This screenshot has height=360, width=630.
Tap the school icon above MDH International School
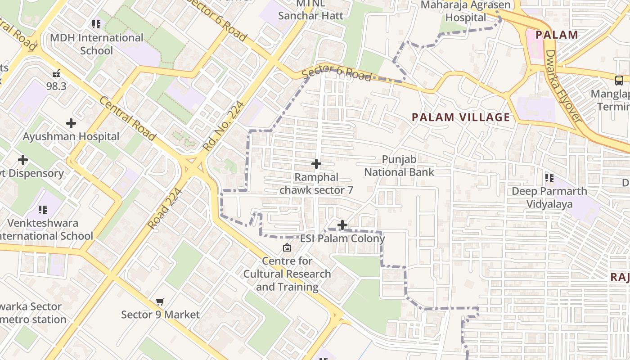click(x=96, y=24)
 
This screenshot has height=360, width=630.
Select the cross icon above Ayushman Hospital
click(x=71, y=123)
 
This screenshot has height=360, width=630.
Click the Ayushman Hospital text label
click(x=71, y=136)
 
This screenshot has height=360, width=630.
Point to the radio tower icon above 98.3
click(x=56, y=73)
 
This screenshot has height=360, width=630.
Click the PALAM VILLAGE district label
click(x=461, y=117)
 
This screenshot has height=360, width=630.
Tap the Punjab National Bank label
click(x=399, y=166)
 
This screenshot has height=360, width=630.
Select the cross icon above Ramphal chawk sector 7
click(x=316, y=164)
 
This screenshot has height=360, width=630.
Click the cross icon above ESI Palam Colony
click(x=342, y=225)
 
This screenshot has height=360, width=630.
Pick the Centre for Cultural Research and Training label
click(x=287, y=274)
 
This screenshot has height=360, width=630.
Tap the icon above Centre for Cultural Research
click(x=287, y=247)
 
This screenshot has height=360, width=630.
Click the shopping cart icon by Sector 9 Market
click(x=160, y=301)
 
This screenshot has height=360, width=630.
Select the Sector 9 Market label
click(x=160, y=315)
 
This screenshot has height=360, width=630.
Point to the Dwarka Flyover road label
click(x=563, y=85)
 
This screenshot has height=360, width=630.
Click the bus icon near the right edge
click(x=619, y=81)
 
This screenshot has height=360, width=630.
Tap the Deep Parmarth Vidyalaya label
click(x=549, y=198)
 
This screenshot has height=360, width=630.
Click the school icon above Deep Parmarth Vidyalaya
click(x=549, y=178)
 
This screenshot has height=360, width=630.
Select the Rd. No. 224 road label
click(x=224, y=126)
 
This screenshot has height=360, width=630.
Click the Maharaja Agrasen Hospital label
click(x=466, y=11)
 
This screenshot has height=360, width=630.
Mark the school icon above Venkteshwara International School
click(x=43, y=209)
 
